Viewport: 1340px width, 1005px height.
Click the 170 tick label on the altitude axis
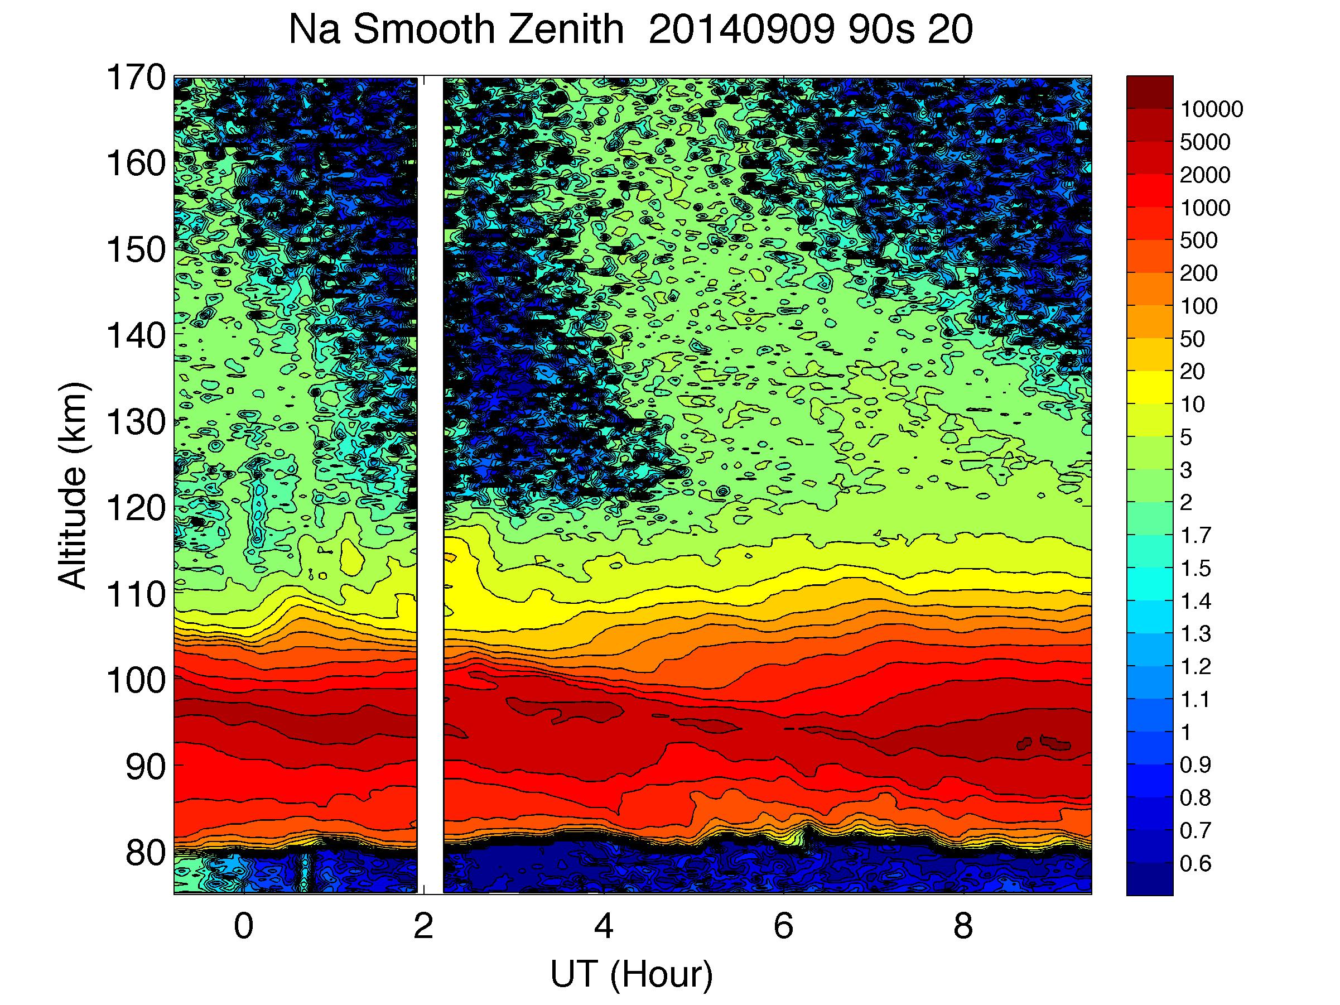[x=136, y=78]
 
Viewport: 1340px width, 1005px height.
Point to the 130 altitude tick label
[x=136, y=422]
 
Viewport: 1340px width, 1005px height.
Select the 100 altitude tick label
[x=136, y=680]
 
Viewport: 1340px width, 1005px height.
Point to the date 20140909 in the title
[x=741, y=29]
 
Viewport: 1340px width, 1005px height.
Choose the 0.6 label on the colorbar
[x=1195, y=863]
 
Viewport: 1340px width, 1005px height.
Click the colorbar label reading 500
[x=1198, y=241]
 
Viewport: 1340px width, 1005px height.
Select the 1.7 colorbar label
[x=1195, y=536]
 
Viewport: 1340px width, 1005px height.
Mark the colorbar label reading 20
[x=1192, y=371]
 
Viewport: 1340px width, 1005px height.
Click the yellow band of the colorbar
[x=1149, y=388]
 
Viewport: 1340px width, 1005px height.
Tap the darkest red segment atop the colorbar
[x=1149, y=92]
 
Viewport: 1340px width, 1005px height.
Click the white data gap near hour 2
[x=430, y=484]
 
